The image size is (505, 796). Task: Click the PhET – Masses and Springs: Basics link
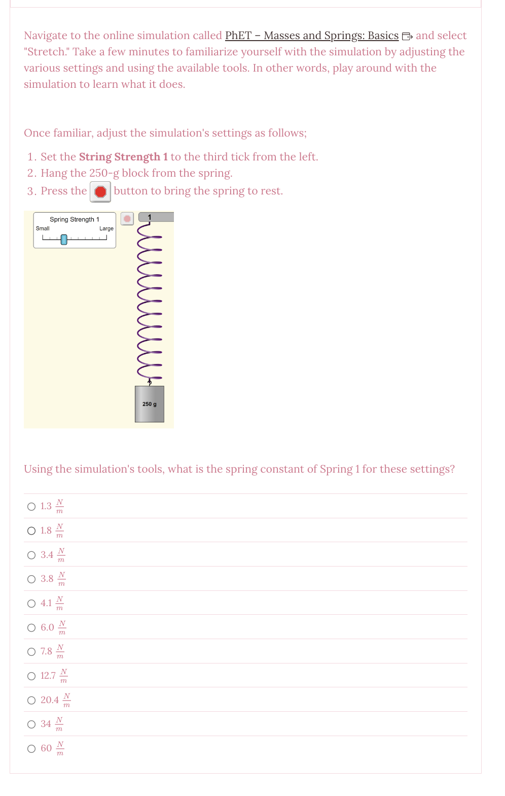(x=311, y=36)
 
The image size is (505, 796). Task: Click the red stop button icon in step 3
(x=100, y=191)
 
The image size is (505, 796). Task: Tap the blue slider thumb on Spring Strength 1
(x=64, y=239)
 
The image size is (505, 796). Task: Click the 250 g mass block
(x=150, y=404)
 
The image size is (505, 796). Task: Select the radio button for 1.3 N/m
(x=31, y=507)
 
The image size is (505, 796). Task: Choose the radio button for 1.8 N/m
(x=31, y=531)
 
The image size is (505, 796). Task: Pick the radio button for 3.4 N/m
(x=31, y=555)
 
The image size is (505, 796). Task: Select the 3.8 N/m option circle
(x=31, y=579)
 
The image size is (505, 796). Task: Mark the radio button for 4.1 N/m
(x=31, y=604)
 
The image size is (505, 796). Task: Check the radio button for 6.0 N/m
(x=31, y=628)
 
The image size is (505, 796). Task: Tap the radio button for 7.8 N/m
(x=31, y=652)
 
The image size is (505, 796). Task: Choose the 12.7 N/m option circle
(x=31, y=676)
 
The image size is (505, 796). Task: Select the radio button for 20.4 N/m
(x=31, y=701)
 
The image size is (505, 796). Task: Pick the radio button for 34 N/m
(x=31, y=724)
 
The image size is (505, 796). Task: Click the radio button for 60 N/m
(x=31, y=749)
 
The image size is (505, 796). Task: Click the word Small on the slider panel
(x=43, y=228)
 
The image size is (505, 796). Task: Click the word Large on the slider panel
(x=106, y=228)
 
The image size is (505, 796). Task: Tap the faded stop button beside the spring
(x=127, y=218)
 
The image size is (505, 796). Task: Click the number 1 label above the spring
(x=150, y=217)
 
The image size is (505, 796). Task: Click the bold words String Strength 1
(x=123, y=157)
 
